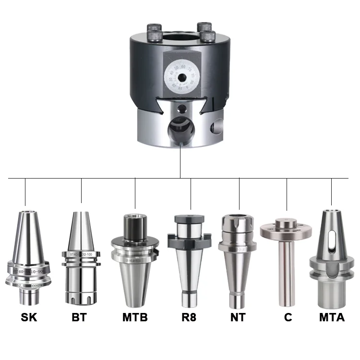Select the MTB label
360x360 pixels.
[135, 318]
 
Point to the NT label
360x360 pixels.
[238, 318]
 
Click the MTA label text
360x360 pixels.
[332, 318]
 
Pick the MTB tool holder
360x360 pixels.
[135, 269]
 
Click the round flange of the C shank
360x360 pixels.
[286, 229]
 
